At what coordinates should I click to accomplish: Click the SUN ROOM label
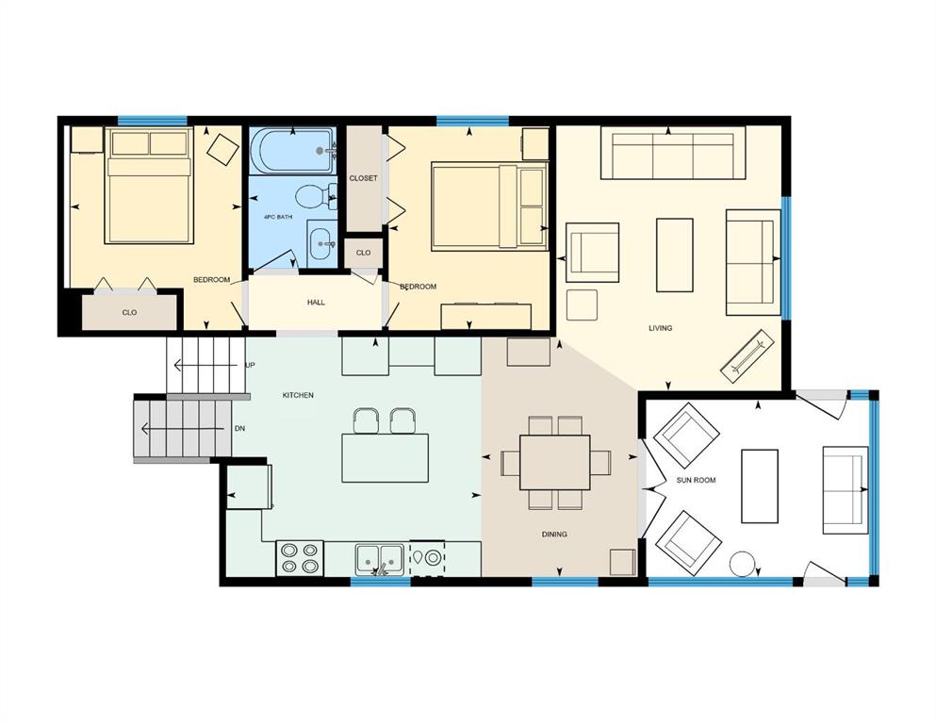point(696,480)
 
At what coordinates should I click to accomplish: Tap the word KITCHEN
point(298,395)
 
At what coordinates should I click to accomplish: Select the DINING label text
point(554,535)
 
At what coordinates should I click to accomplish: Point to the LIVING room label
point(660,328)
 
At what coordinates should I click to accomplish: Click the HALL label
point(316,302)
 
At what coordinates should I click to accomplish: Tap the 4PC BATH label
point(278,217)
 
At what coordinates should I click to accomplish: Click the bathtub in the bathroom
point(292,151)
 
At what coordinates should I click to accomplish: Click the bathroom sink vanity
point(321,243)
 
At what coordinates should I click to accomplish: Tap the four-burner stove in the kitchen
point(300,558)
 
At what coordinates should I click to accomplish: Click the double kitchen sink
point(380,559)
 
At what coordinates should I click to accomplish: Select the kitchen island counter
point(385,458)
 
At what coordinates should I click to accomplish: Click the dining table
point(554,463)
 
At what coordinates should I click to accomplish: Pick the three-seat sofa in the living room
point(673,153)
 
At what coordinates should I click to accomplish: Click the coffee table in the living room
point(675,255)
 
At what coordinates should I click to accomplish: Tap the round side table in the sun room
point(743,564)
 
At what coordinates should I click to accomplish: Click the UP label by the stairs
point(250,365)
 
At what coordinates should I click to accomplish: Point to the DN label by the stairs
point(239,429)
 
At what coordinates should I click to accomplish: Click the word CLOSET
point(363,178)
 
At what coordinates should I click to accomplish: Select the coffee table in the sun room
point(760,486)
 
